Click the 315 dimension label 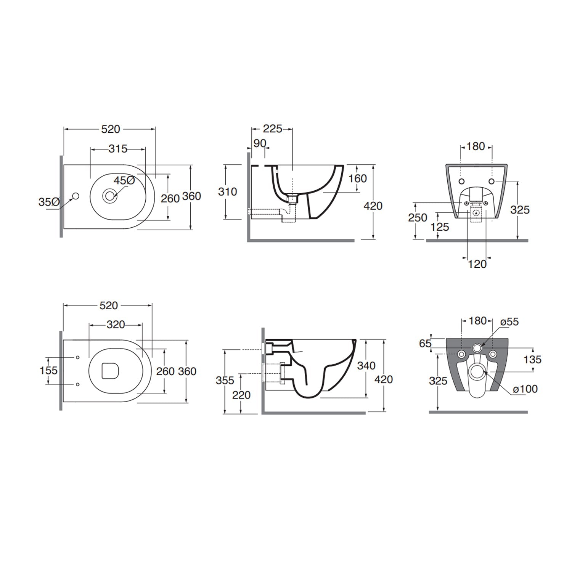118,149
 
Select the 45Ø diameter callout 124,180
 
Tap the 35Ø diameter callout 49,202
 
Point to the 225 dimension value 273,129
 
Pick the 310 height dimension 228,191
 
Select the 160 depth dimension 358,178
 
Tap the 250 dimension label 418,218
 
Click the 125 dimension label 440,227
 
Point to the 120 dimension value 477,264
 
